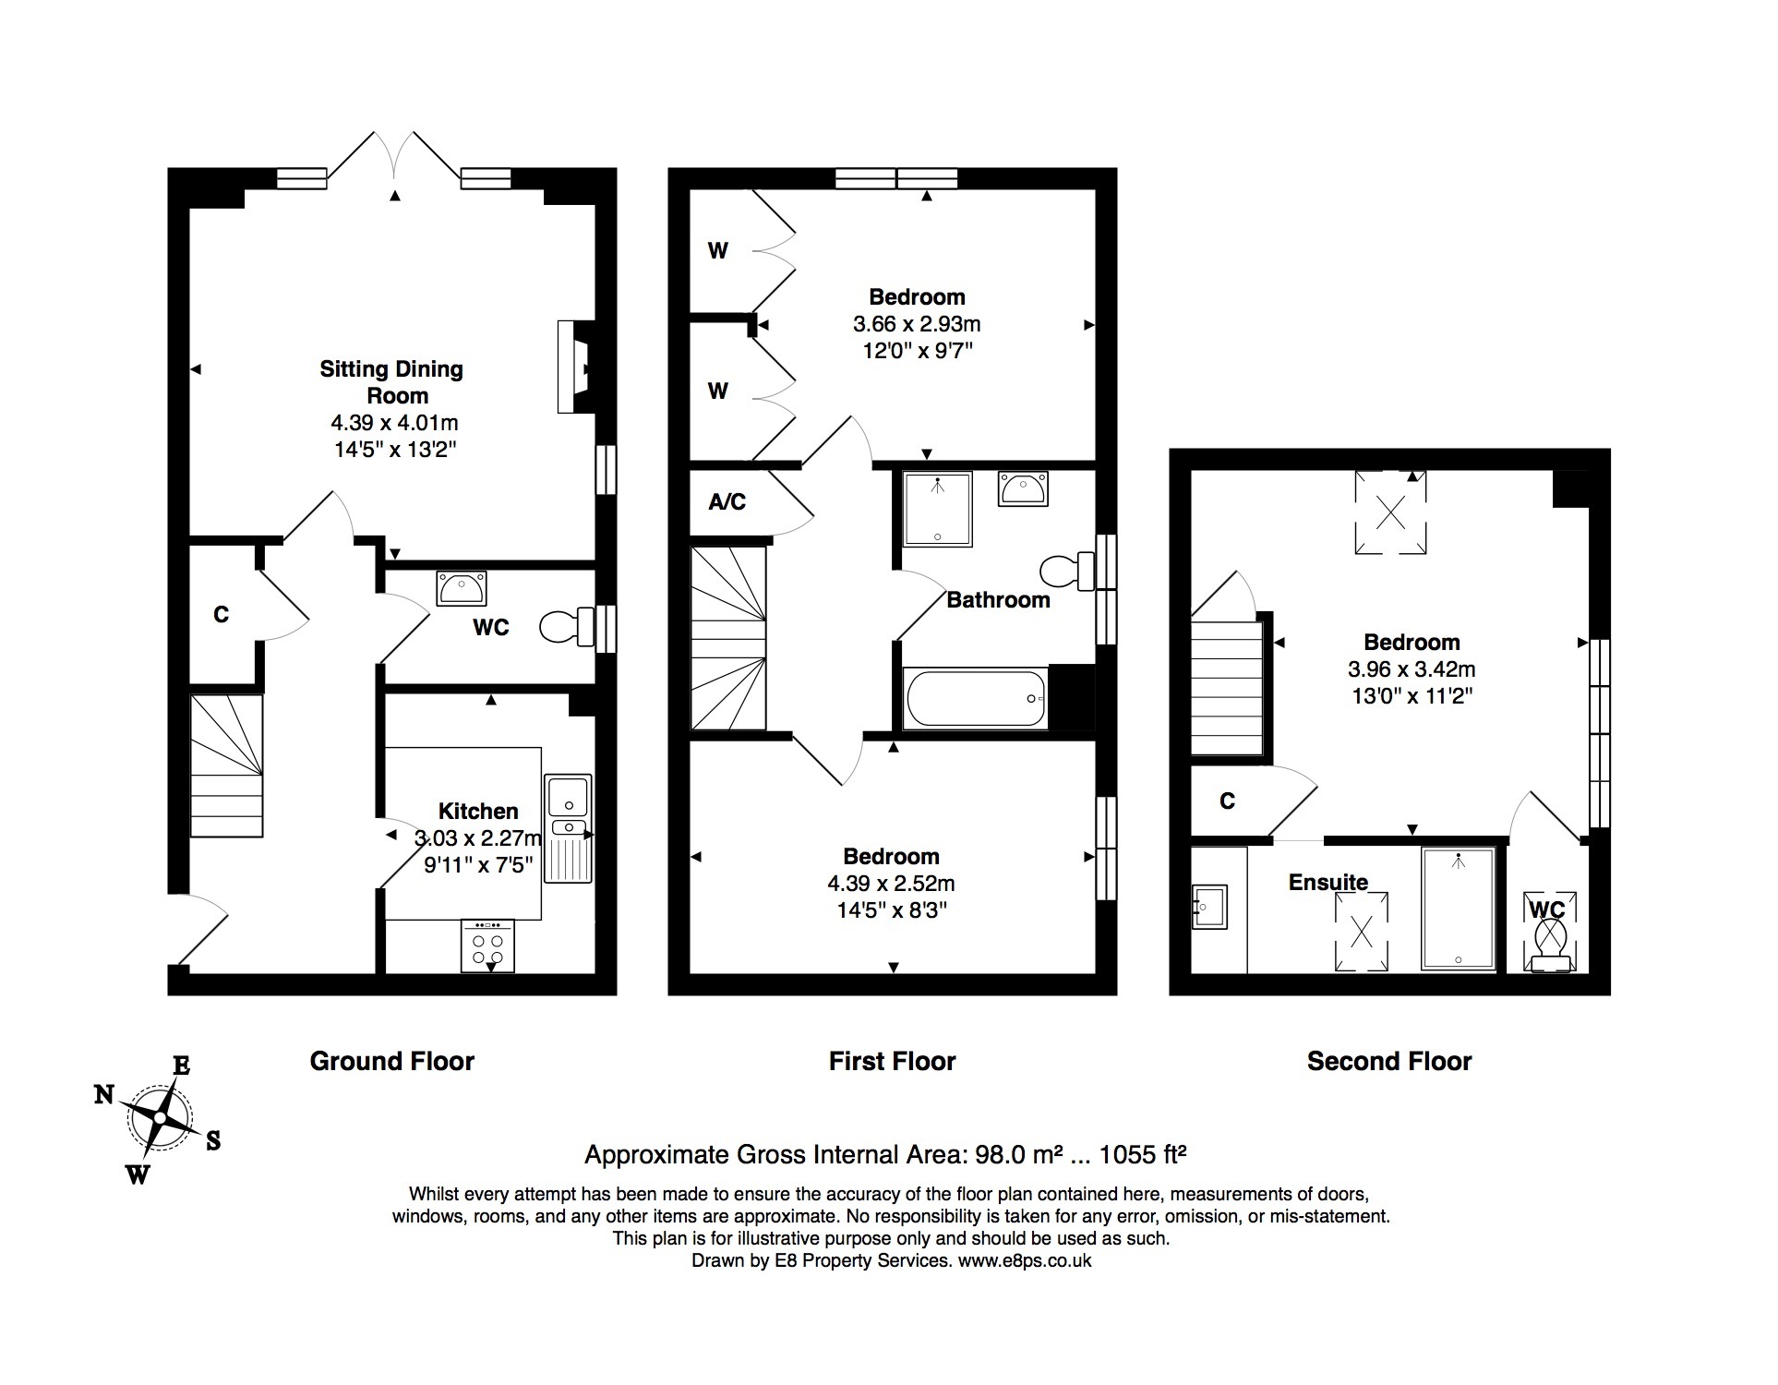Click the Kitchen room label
pyautogui.click(x=477, y=812)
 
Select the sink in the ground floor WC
pyautogui.click(x=462, y=588)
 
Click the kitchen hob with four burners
pyautogui.click(x=488, y=945)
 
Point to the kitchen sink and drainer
pyautogui.click(x=568, y=828)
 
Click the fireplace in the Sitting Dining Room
pyautogui.click(x=575, y=367)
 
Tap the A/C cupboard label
pyautogui.click(x=727, y=502)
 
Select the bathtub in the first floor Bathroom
pyautogui.click(x=977, y=698)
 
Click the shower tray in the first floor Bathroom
pyautogui.click(x=938, y=510)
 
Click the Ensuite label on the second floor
pyautogui.click(x=1327, y=883)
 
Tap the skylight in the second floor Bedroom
pyautogui.click(x=1390, y=512)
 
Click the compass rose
pyautogui.click(x=160, y=1118)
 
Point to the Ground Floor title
pyautogui.click(x=392, y=1061)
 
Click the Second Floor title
pyautogui.click(x=1389, y=1061)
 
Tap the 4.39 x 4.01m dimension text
pyautogui.click(x=395, y=423)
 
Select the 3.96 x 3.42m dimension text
pyautogui.click(x=1412, y=669)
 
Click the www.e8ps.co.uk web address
pyautogui.click(x=1025, y=1261)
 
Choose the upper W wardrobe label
pyautogui.click(x=718, y=250)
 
